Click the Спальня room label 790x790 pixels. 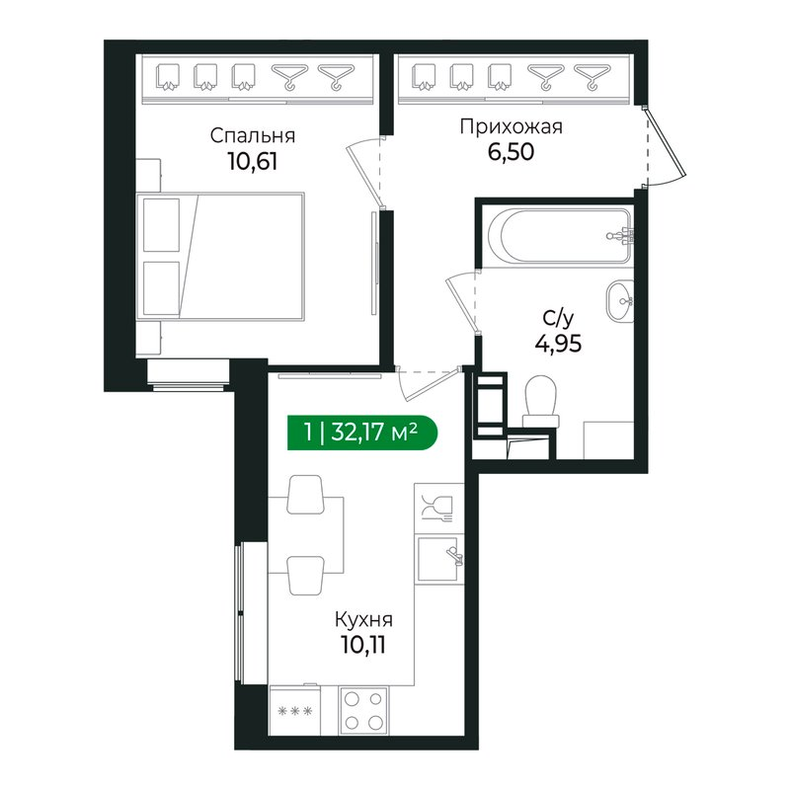coord(253,136)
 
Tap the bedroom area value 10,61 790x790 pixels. coord(253,162)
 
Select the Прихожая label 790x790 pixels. coord(511,127)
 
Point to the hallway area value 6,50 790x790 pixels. coord(511,152)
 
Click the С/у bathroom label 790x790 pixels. coord(558,319)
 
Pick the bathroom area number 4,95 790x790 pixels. coord(558,344)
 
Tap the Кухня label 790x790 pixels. coord(363,619)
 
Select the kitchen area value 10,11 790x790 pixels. coord(363,645)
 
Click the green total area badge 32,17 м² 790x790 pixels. coord(362,433)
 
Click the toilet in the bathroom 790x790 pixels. coord(540,402)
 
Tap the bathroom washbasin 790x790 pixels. coord(620,301)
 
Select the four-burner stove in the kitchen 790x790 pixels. coord(363,711)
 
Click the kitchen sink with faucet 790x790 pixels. coord(439,559)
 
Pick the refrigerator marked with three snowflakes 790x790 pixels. coord(294,710)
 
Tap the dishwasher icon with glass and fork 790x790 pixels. coord(438,509)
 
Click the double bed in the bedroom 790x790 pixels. coord(220,256)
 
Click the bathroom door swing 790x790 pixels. coord(461,302)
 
